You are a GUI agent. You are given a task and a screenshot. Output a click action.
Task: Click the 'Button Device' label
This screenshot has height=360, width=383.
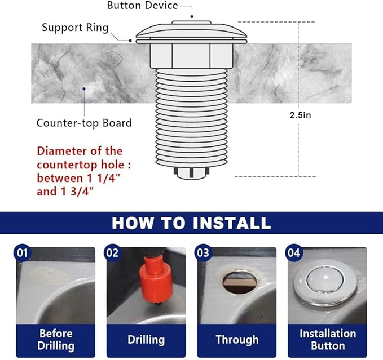(x=142, y=6)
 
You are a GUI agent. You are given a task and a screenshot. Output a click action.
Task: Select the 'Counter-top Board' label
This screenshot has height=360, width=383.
(x=84, y=123)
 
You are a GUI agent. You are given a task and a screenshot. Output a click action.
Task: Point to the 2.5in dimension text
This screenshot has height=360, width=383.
(x=300, y=114)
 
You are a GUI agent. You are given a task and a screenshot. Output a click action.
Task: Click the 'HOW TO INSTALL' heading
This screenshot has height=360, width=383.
(x=191, y=223)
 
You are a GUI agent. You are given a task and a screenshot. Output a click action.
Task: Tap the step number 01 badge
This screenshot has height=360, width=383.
(x=23, y=253)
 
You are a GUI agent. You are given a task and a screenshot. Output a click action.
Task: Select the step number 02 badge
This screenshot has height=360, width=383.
(x=112, y=253)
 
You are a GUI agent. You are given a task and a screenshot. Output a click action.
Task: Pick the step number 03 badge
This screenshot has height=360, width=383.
(x=202, y=253)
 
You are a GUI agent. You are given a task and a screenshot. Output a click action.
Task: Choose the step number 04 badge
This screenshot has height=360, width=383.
(x=293, y=253)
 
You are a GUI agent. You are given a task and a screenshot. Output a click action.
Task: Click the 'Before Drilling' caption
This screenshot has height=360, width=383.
(x=56, y=339)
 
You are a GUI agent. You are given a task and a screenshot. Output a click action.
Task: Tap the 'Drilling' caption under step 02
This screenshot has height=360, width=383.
(x=146, y=340)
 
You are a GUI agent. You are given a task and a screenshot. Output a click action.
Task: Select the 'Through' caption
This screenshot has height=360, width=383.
(x=237, y=340)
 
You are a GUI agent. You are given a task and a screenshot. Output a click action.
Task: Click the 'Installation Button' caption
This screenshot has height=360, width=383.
(x=328, y=339)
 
